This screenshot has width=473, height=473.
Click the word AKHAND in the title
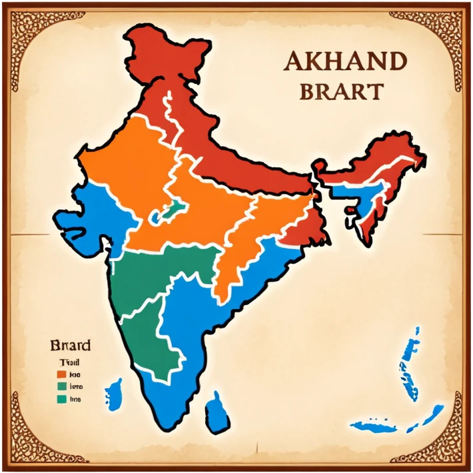point(344,62)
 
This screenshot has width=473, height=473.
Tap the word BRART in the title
point(341,91)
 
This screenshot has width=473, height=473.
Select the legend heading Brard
point(70,346)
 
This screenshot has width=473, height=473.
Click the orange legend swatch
point(61,374)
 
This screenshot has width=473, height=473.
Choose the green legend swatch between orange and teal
point(61,386)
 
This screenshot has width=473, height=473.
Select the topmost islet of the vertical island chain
point(417,330)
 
